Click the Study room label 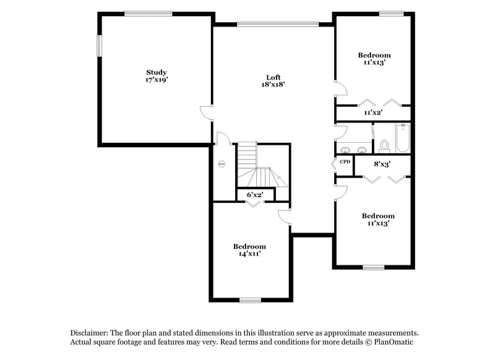click(x=156, y=72)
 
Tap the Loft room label click(x=273, y=77)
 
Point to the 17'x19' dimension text click(x=156, y=80)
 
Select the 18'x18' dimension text click(x=273, y=85)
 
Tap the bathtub click(x=403, y=139)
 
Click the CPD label click(x=345, y=162)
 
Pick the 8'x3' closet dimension click(x=382, y=164)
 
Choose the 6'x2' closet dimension click(x=255, y=194)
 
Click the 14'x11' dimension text click(x=249, y=254)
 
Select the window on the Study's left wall click(x=98, y=47)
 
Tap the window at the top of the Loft click(x=278, y=24)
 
